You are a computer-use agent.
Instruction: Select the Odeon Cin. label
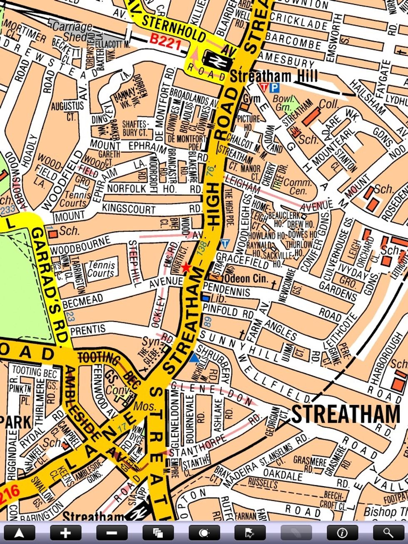(x=246, y=278)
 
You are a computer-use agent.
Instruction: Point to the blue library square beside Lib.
(x=205, y=298)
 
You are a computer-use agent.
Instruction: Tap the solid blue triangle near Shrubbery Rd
(x=194, y=357)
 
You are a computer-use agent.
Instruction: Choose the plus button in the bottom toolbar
(x=65, y=532)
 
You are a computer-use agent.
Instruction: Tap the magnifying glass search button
(x=388, y=532)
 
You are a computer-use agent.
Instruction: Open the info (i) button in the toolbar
(x=342, y=532)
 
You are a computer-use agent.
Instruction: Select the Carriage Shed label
(x=72, y=31)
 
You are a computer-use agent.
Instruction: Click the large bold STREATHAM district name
(x=345, y=414)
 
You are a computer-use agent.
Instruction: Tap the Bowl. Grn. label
(x=284, y=103)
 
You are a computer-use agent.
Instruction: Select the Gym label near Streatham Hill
(x=251, y=99)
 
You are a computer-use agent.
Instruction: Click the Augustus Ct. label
(x=67, y=111)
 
